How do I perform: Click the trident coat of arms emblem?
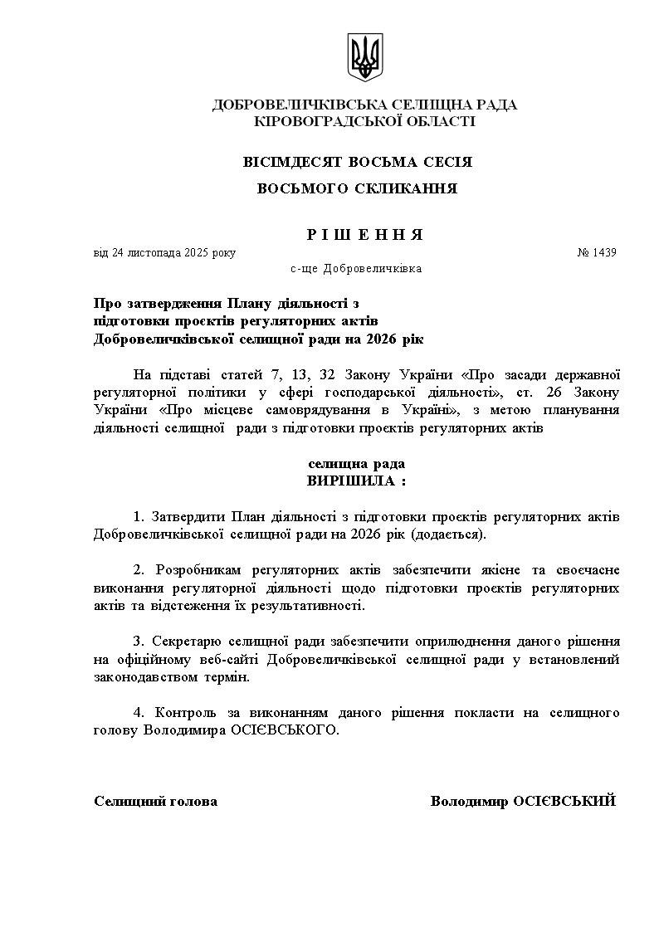point(363,57)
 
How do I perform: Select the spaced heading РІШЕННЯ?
point(365,235)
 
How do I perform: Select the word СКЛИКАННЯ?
point(405,188)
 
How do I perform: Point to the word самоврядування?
point(325,410)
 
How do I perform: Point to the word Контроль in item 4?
point(186,713)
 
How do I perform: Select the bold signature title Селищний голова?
point(156,801)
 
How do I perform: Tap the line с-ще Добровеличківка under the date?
point(356,269)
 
